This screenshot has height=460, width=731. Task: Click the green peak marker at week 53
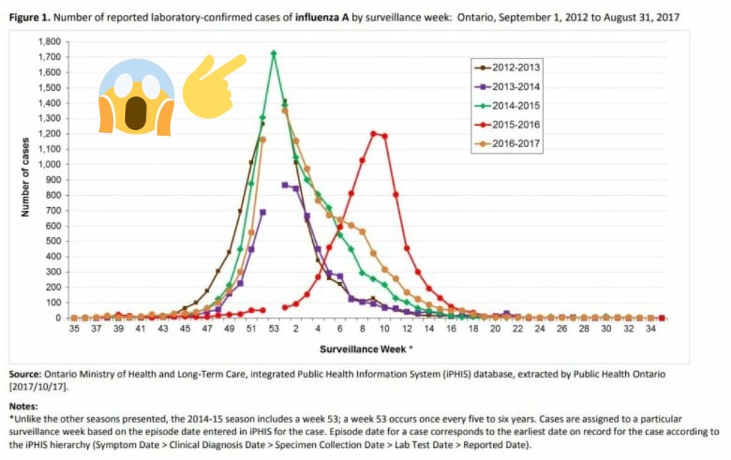coord(274,53)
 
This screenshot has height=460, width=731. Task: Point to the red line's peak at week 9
coord(373,133)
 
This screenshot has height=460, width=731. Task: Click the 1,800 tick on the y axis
coord(49,41)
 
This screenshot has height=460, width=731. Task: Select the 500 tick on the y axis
coord(54,241)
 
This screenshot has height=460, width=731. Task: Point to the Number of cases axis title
coord(24,176)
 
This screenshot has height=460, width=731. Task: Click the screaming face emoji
coord(136,96)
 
